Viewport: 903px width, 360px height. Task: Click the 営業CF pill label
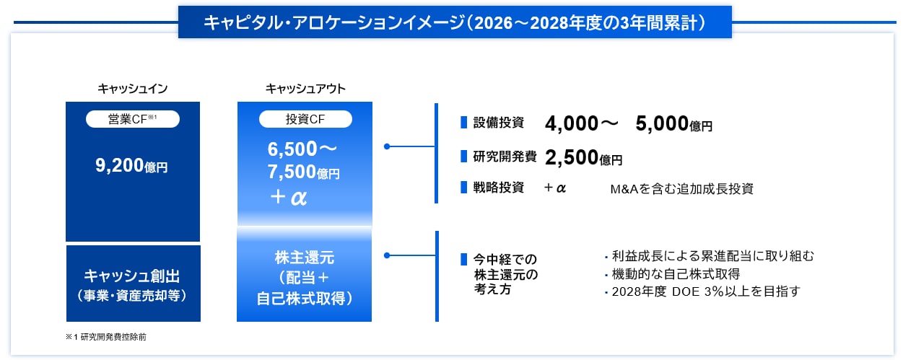(x=133, y=119)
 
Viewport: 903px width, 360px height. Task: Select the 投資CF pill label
(x=305, y=119)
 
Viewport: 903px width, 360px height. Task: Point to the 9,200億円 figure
(x=131, y=166)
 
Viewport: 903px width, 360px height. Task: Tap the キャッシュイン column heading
(x=133, y=89)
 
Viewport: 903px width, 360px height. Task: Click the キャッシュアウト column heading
(x=305, y=89)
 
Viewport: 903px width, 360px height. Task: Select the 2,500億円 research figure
(x=584, y=157)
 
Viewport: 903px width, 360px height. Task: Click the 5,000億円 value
(x=674, y=124)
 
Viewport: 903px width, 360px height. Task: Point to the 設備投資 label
(x=498, y=123)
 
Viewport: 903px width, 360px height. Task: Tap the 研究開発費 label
(x=505, y=157)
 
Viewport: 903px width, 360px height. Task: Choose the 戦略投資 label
(x=498, y=188)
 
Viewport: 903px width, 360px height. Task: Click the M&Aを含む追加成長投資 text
(x=681, y=189)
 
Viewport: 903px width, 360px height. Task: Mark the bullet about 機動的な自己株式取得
(x=673, y=274)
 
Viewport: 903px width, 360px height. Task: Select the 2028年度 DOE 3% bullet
(x=702, y=291)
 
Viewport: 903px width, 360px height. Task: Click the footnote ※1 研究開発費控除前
(x=106, y=337)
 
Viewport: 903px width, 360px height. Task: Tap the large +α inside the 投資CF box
(x=289, y=198)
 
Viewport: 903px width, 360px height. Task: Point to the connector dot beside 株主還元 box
(x=387, y=255)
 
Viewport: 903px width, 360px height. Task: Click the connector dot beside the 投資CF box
(x=387, y=146)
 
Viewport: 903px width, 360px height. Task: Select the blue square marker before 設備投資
(x=463, y=123)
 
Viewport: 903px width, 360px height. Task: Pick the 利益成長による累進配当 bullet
(x=710, y=256)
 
